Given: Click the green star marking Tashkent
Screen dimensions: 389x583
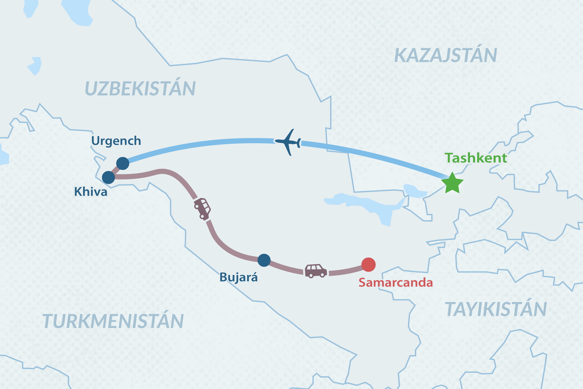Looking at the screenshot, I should pyautogui.click(x=452, y=183).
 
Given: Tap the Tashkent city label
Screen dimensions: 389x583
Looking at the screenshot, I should pyautogui.click(x=475, y=158).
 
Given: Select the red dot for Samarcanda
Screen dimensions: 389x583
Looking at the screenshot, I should pyautogui.click(x=368, y=265).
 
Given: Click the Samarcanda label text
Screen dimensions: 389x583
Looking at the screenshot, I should pyautogui.click(x=395, y=283).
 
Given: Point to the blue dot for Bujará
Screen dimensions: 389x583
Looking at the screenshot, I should pyautogui.click(x=264, y=260).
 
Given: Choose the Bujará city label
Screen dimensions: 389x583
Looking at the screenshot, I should pyautogui.click(x=238, y=277).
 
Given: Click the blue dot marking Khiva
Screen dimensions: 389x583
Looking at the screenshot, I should pyautogui.click(x=109, y=177).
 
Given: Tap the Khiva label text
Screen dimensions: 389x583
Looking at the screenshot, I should pyautogui.click(x=91, y=192).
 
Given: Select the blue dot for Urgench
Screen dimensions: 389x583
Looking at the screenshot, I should pyautogui.click(x=123, y=163).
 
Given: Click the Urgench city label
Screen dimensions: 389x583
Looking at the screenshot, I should pyautogui.click(x=116, y=141).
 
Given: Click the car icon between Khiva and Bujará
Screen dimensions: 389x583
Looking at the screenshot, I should pyautogui.click(x=202, y=208).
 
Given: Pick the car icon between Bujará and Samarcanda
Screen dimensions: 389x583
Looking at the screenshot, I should pyautogui.click(x=315, y=271).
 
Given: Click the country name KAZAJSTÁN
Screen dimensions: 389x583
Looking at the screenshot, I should pyautogui.click(x=445, y=55).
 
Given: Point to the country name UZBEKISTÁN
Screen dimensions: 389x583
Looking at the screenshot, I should pyautogui.click(x=140, y=88).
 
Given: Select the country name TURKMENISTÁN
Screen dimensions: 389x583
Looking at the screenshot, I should pyautogui.click(x=113, y=321).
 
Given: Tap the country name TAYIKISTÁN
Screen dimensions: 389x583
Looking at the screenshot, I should pyautogui.click(x=496, y=309).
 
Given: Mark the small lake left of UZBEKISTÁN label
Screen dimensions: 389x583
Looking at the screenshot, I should pyautogui.click(x=35, y=66).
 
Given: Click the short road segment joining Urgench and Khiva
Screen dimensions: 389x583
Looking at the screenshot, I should pyautogui.click(x=116, y=170).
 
